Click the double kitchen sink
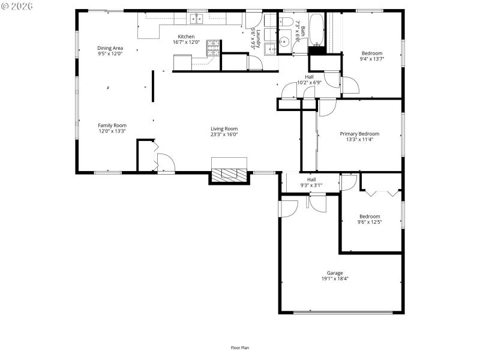197,20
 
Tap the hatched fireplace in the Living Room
229,174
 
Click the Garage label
335,273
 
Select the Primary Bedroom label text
359,134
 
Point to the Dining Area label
110,48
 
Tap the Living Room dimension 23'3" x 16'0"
224,134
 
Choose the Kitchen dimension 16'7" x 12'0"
186,42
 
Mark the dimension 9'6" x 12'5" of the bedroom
370,222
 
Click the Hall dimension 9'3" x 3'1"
311,185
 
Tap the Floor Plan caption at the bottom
240,347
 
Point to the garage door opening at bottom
343,312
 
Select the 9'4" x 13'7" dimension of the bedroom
371,59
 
